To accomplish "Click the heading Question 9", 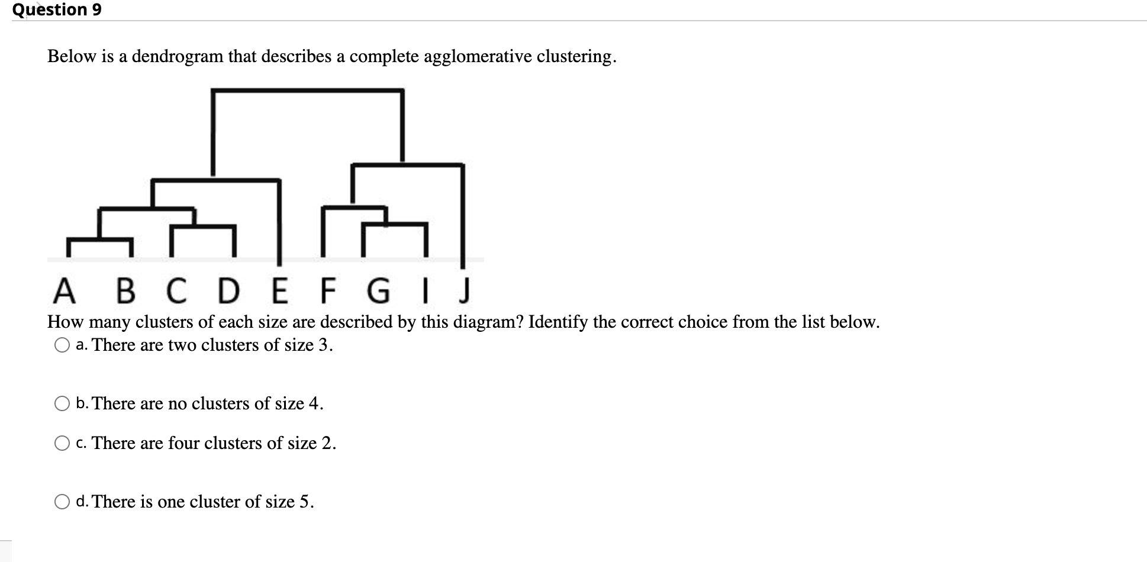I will (x=57, y=10).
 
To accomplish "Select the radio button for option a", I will (x=62, y=345).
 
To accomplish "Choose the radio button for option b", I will (x=62, y=404).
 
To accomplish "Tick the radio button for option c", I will (x=62, y=444).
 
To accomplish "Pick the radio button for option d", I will (x=62, y=502).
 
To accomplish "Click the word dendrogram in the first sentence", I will (x=178, y=57).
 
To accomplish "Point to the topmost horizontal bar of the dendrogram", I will (x=308, y=91).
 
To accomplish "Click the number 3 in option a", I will (x=323, y=345).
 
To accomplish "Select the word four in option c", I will (x=183, y=443).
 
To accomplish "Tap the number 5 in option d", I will (x=304, y=502).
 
